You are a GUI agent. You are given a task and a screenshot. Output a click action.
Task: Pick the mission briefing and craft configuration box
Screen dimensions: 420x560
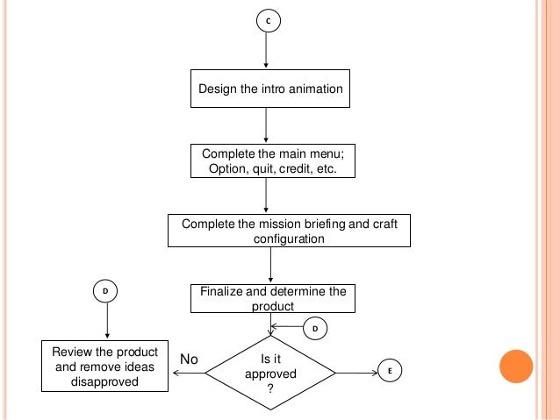(x=289, y=231)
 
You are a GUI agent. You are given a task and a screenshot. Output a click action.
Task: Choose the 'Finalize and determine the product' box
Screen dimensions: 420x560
(x=272, y=298)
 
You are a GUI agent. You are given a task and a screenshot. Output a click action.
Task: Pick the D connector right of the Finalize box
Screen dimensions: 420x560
(x=314, y=328)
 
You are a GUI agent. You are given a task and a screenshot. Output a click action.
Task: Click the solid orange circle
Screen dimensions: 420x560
(x=516, y=367)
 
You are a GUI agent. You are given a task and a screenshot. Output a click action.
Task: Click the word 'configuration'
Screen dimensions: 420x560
(x=289, y=238)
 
